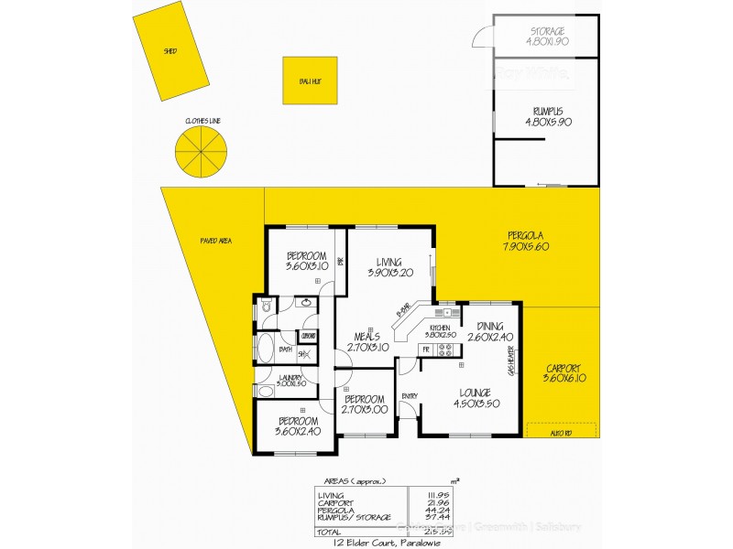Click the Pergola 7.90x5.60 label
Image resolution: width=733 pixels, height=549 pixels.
pyautogui.click(x=525, y=241)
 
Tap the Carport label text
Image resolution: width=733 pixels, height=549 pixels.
pyautogui.click(x=563, y=371)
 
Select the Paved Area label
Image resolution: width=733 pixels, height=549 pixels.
pyautogui.click(x=216, y=241)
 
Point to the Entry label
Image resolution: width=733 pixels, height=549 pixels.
pyautogui.click(x=409, y=395)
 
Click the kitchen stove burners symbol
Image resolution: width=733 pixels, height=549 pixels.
pyautogui.click(x=447, y=349)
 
